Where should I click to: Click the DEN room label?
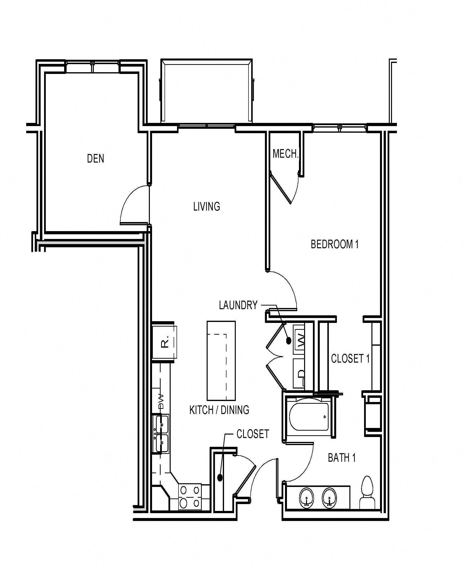pyautogui.click(x=95, y=159)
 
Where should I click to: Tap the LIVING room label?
pyautogui.click(x=207, y=207)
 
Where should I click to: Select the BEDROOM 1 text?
pyautogui.click(x=334, y=244)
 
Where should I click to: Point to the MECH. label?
pyautogui.click(x=285, y=154)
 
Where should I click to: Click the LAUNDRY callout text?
pyautogui.click(x=238, y=305)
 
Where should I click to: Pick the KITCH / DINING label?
pyautogui.click(x=219, y=410)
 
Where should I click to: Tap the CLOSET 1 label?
pyautogui.click(x=350, y=359)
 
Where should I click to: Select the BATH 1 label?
pyautogui.click(x=342, y=458)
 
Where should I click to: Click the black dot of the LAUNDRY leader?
pyautogui.click(x=288, y=341)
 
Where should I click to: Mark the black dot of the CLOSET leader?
pyautogui.click(x=220, y=478)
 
